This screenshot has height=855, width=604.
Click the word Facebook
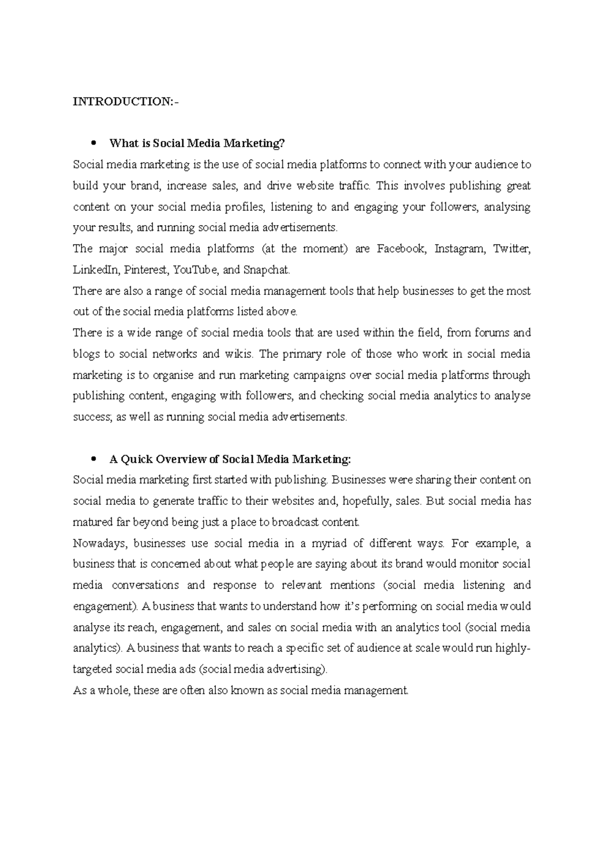pyautogui.click(x=401, y=249)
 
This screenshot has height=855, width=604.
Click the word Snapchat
pyautogui.click(x=267, y=270)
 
